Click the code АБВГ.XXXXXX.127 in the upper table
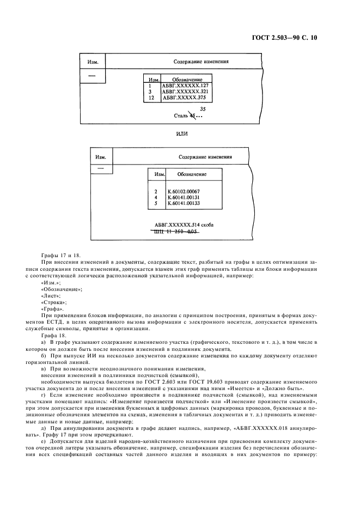(x=186, y=86)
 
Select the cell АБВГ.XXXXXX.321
(x=186, y=92)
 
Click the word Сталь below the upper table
(x=180, y=116)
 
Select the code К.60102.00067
(x=184, y=192)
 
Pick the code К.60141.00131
(x=184, y=198)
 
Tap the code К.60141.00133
(x=184, y=203)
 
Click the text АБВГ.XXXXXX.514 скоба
(x=184, y=224)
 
